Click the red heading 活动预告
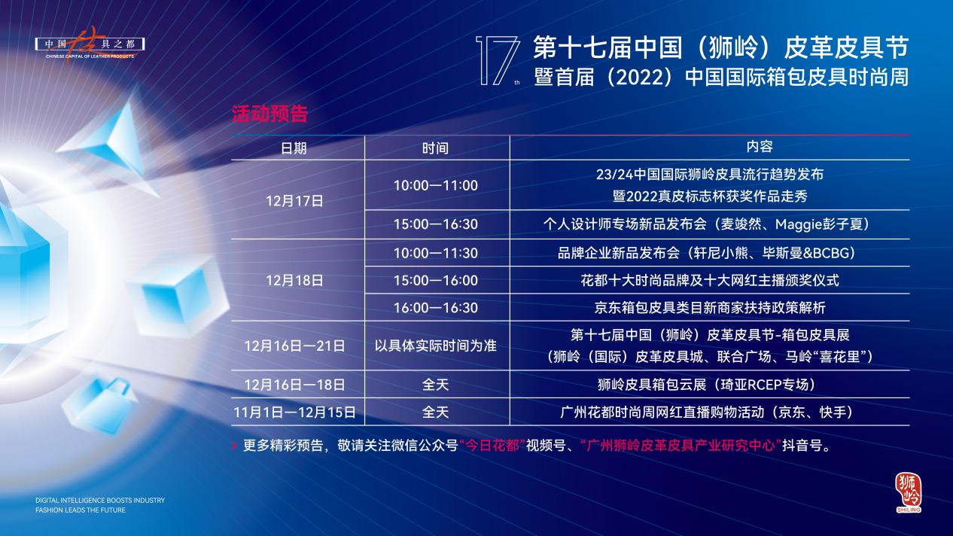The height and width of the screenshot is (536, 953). [x=269, y=114]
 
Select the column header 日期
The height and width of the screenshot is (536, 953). [x=294, y=148]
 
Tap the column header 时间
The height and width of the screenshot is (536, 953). [x=435, y=148]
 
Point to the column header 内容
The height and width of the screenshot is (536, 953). [x=760, y=147]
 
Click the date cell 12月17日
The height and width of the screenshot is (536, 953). [x=294, y=201]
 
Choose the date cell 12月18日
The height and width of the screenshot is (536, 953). [x=294, y=280]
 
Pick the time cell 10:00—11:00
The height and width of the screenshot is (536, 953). [x=436, y=185]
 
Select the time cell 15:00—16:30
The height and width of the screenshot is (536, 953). [x=436, y=224]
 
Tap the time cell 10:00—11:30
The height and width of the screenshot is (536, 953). [x=436, y=253]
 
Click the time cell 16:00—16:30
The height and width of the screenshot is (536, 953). [x=436, y=308]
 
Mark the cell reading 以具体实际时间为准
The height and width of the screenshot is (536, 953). [x=436, y=346]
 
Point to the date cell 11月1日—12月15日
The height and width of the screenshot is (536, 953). [x=294, y=413]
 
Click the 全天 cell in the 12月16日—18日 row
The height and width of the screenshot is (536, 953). [x=435, y=385]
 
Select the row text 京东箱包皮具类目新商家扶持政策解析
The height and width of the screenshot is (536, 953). [x=710, y=308]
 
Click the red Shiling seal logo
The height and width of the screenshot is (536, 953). [x=909, y=492]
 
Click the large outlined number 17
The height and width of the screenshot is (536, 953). [x=498, y=60]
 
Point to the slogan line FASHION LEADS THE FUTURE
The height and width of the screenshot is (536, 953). [x=81, y=510]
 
